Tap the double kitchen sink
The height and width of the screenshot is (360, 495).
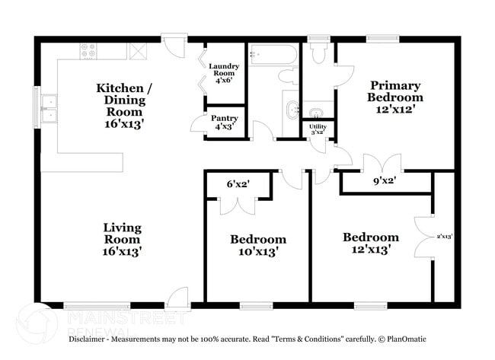coord(49,108)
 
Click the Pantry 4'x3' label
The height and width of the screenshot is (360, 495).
coord(224,123)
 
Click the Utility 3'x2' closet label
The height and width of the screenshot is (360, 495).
coord(316,129)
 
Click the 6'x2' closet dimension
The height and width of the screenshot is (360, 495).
coord(238,183)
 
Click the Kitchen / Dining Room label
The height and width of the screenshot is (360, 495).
coord(123,100)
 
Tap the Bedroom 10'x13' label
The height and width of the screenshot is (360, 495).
coord(258,244)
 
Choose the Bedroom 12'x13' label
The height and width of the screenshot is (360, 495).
coord(370,243)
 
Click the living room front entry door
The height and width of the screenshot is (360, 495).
coord(178,297)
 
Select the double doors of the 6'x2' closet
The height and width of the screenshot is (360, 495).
coord(238,204)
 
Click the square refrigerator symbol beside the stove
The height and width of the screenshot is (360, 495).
coord(139,51)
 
